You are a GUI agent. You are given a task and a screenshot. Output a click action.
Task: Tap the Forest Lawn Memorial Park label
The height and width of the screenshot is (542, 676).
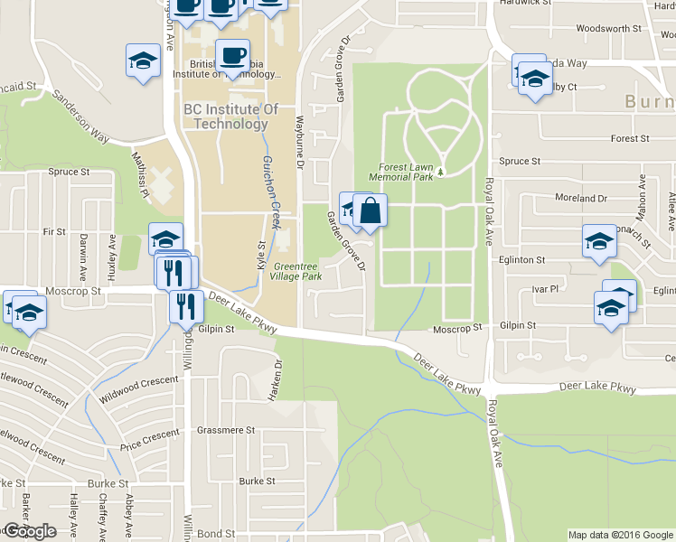(407, 172)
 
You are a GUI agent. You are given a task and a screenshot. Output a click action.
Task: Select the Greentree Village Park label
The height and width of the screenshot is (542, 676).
(297, 272)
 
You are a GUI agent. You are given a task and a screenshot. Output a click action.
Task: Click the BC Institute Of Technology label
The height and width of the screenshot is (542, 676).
(225, 117)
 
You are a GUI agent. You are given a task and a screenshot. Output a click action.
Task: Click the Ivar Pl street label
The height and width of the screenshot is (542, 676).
(546, 289)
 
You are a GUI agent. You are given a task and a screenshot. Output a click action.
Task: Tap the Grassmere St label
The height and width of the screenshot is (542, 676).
(226, 431)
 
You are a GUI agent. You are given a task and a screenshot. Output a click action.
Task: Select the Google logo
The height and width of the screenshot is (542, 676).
(30, 531)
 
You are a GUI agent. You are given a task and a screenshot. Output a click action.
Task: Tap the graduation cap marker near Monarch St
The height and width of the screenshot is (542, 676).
(599, 241)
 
